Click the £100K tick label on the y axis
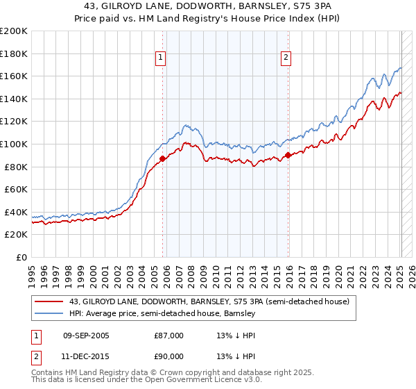tap(14, 144)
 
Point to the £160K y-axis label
tap(14, 76)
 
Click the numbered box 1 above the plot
tap(161, 58)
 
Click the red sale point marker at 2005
tap(162, 159)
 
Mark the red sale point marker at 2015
tap(288, 156)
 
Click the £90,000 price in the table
tap(168, 356)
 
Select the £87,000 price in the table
tap(168, 336)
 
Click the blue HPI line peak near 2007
tap(186, 125)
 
